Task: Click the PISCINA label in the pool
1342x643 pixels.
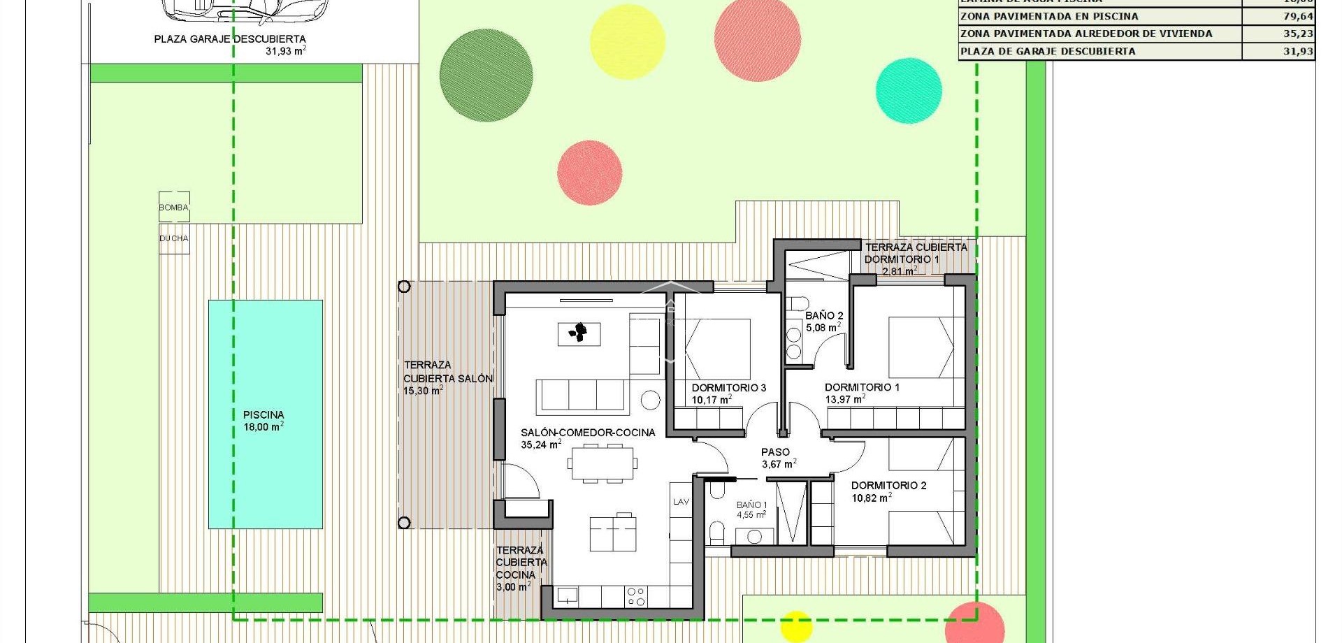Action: tap(264, 414)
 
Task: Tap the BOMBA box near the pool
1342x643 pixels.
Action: tap(173, 208)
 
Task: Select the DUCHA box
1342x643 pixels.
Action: tap(173, 238)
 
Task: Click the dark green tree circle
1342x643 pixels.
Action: tap(486, 75)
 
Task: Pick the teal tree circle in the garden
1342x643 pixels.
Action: tap(909, 91)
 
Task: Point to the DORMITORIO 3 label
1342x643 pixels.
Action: tap(728, 388)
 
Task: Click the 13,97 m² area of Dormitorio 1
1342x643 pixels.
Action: tap(845, 400)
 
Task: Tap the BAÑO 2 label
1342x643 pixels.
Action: tap(824, 316)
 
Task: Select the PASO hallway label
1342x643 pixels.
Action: tap(775, 452)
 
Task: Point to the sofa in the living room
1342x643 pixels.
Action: tap(580, 396)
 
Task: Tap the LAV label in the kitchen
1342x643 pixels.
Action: tap(681, 502)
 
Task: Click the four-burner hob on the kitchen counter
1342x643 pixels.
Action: tap(636, 596)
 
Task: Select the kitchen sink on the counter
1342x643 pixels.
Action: tap(567, 596)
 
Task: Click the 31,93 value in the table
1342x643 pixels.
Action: tap(1297, 51)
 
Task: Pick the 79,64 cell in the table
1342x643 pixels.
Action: tap(1297, 16)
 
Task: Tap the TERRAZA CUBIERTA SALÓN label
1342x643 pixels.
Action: tap(447, 372)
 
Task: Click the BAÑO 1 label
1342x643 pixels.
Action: tap(751, 505)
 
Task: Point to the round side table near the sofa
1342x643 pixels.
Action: tap(651, 400)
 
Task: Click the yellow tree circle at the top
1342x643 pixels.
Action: tap(627, 42)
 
